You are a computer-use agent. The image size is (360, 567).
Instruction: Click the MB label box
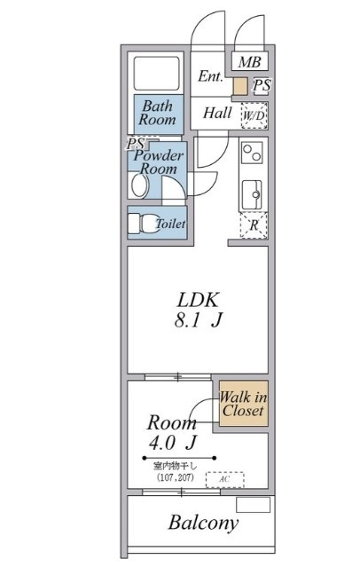point(250,61)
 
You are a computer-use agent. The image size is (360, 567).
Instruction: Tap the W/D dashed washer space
point(254,115)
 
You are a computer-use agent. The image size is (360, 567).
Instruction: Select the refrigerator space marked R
point(254,225)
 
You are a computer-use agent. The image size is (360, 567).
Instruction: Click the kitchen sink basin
point(252,194)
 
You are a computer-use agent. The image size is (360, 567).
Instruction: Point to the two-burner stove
point(253,153)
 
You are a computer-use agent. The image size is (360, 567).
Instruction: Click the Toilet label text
point(170,224)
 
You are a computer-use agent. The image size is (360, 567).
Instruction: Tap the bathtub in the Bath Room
point(157,74)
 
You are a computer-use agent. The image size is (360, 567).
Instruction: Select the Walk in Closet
point(244,403)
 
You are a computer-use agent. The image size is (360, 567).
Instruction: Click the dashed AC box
point(225,479)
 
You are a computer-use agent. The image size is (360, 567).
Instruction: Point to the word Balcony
point(203,523)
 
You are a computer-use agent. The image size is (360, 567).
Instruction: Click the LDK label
point(198,300)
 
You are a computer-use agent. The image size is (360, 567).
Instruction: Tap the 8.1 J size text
point(198,320)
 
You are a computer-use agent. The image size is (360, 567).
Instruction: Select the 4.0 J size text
point(172,443)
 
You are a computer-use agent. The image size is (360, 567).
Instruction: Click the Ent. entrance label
point(210,76)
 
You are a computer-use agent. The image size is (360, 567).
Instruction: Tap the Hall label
point(217,113)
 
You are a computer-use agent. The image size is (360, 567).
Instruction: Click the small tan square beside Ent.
point(240,87)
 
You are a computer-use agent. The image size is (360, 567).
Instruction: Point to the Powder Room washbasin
point(140,185)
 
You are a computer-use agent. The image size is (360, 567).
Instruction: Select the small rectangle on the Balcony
point(253,505)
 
